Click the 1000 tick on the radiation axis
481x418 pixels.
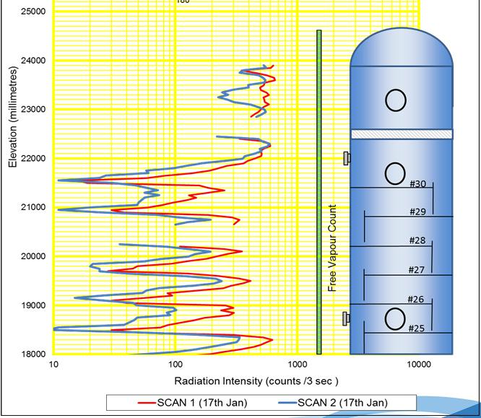(x=297, y=364)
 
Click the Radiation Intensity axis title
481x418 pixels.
(x=235, y=380)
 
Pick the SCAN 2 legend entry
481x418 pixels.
(x=328, y=402)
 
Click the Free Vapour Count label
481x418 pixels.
(x=333, y=248)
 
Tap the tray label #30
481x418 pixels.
(x=417, y=183)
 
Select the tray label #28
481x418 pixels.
(x=417, y=240)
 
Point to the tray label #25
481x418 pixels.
(x=416, y=328)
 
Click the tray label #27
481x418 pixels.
(x=416, y=270)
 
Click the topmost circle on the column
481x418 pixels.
(x=395, y=100)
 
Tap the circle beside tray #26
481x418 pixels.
(x=395, y=318)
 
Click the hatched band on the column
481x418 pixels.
(x=402, y=134)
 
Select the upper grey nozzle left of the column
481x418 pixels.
(x=347, y=158)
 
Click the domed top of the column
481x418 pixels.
(x=402, y=47)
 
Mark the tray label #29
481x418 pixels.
(x=417, y=212)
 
